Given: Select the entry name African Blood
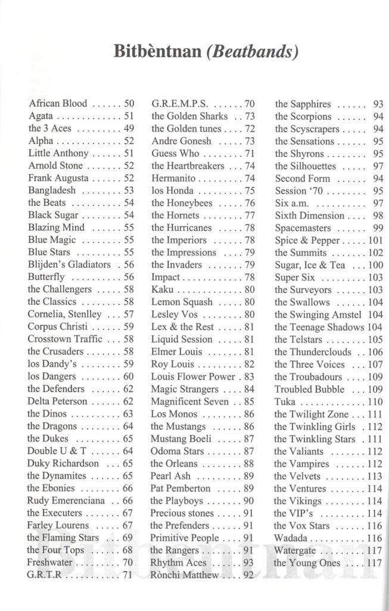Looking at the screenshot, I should point(58,104).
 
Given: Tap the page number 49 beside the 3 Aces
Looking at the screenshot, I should point(129,128).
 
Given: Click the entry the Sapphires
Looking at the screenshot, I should point(303,104).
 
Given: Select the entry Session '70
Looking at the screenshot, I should point(299,190).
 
